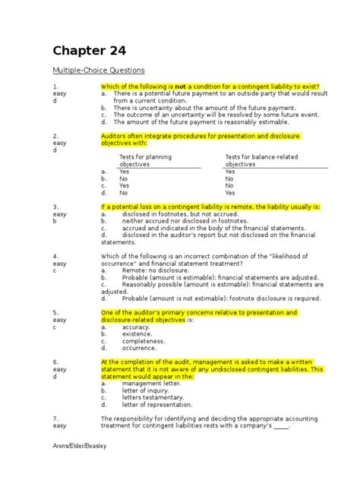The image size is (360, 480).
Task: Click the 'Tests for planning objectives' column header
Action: [x=145, y=160]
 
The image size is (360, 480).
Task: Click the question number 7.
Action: [x=55, y=419]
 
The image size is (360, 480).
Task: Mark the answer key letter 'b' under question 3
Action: [x=54, y=221]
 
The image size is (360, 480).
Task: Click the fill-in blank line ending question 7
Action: [x=281, y=427]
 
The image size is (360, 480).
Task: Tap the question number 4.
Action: [x=55, y=256]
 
